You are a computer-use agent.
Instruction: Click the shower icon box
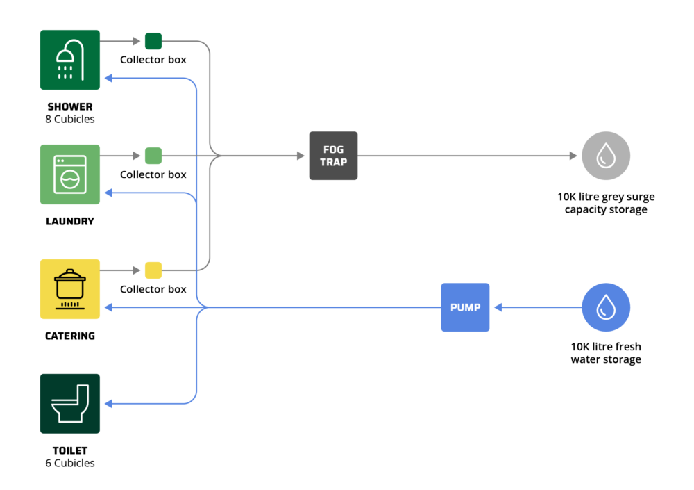pyautogui.click(x=70, y=60)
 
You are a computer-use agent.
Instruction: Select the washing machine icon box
pyautogui.click(x=70, y=174)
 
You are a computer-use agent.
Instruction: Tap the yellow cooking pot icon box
pyautogui.click(x=70, y=289)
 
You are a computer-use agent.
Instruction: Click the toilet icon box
pyautogui.click(x=70, y=404)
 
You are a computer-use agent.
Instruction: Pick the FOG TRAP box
pyautogui.click(x=333, y=156)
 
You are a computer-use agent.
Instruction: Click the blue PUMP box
pyautogui.click(x=465, y=307)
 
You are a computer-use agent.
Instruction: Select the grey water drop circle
pyautogui.click(x=606, y=156)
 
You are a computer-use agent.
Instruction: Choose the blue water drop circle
pyautogui.click(x=606, y=307)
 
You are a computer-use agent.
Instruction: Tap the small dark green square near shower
pyautogui.click(x=153, y=41)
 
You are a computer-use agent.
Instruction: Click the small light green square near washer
pyautogui.click(x=153, y=156)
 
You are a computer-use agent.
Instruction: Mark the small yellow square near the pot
pyautogui.click(x=153, y=270)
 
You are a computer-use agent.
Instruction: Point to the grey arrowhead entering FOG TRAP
pyautogui.click(x=301, y=156)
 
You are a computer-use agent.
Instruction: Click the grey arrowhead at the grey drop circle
pyautogui.click(x=574, y=156)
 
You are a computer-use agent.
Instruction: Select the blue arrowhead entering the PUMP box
pyautogui.click(x=498, y=307)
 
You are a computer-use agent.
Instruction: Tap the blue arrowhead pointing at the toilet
pyautogui.click(x=108, y=404)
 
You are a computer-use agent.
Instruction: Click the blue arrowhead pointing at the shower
pyautogui.click(x=108, y=79)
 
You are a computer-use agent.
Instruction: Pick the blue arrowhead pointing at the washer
pyautogui.click(x=108, y=193)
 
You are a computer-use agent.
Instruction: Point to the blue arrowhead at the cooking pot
pyautogui.click(x=108, y=307)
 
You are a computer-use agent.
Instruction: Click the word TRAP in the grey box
pyautogui.click(x=333, y=163)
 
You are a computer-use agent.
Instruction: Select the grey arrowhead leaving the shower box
pyautogui.click(x=137, y=41)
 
